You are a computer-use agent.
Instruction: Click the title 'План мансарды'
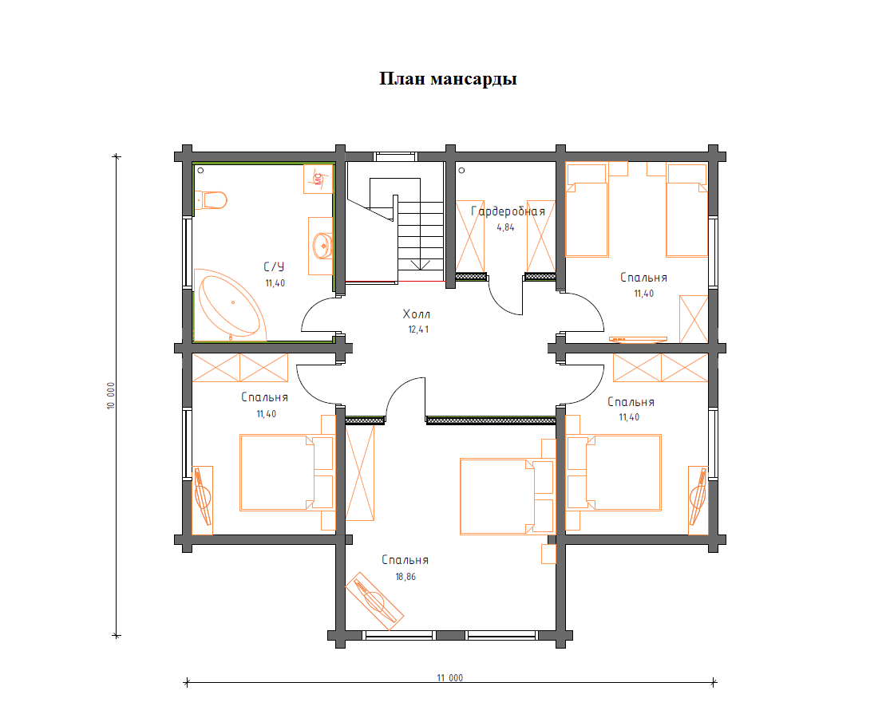(x=448, y=79)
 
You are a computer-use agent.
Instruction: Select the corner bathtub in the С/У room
(x=230, y=306)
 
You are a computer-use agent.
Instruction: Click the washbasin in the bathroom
(x=322, y=246)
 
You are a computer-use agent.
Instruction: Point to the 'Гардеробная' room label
(x=508, y=211)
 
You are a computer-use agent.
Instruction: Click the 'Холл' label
(x=416, y=314)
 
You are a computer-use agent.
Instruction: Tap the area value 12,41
(x=418, y=329)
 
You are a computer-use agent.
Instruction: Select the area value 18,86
(x=405, y=577)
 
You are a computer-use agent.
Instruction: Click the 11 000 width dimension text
(x=450, y=677)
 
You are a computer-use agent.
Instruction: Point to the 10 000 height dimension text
(x=111, y=396)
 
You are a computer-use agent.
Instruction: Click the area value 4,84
(x=505, y=227)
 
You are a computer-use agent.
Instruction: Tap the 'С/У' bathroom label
(x=274, y=266)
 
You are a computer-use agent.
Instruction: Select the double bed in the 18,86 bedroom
(x=507, y=496)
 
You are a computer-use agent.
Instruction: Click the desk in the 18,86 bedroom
(x=374, y=602)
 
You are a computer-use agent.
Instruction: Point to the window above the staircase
(x=396, y=156)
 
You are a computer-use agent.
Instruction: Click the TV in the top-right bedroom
(x=638, y=340)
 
